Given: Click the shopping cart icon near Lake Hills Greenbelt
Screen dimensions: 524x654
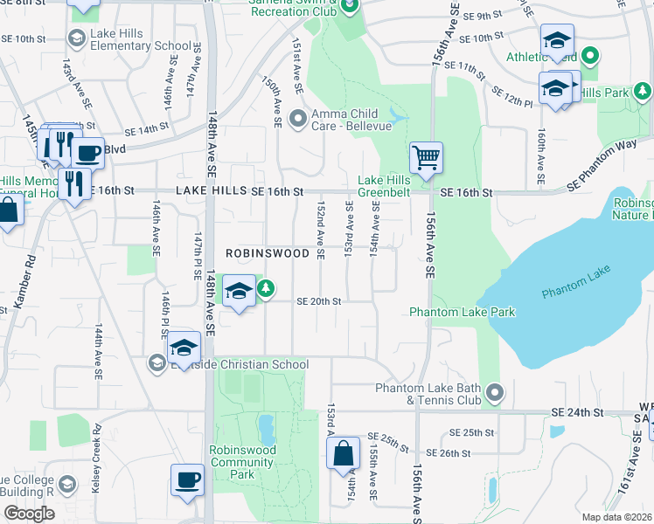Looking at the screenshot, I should point(426,158).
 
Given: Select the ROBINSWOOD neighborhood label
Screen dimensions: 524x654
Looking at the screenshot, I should point(268,253).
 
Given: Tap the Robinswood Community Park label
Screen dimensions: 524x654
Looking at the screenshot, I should point(243,462).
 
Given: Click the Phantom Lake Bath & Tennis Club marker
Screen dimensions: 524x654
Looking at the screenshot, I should point(495,393).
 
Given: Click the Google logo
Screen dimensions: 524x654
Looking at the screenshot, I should point(29,513).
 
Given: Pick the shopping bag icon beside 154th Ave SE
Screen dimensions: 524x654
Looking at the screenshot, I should point(343,452).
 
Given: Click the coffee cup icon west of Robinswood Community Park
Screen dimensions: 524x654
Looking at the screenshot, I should point(187,479).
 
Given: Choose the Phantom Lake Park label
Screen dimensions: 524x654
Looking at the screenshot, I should point(463,312).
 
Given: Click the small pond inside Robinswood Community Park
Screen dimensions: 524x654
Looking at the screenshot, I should point(266,428).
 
